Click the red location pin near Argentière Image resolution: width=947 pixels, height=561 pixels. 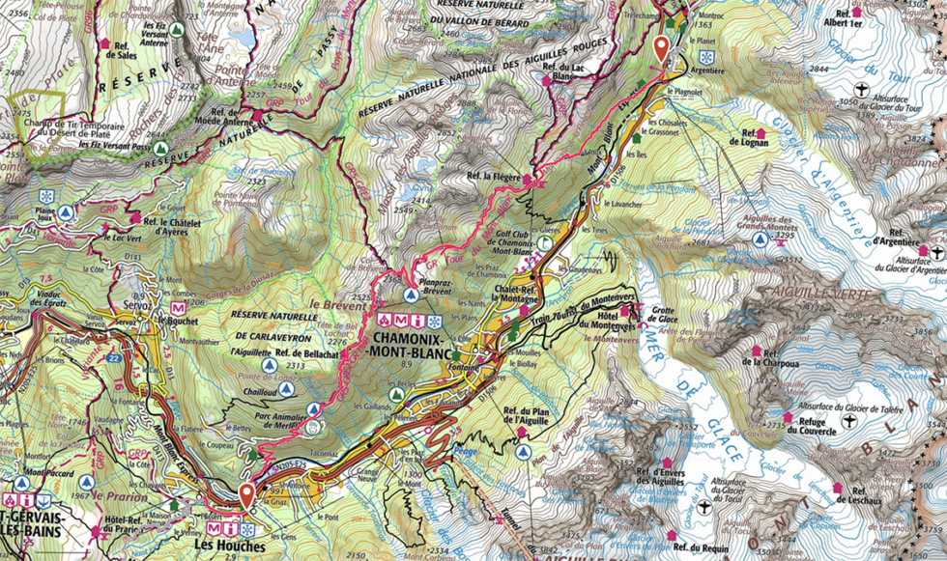click(661, 48)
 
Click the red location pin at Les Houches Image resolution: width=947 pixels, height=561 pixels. click(246, 495)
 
